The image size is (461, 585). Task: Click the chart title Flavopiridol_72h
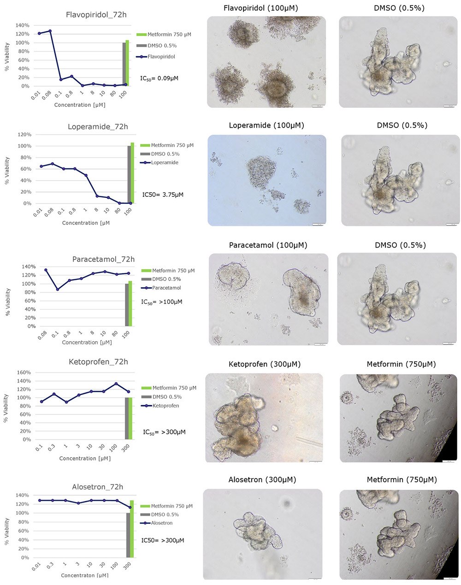pyautogui.click(x=96, y=15)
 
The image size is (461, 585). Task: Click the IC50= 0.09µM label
pyautogui.click(x=159, y=78)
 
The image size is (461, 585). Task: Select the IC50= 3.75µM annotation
pyautogui.click(x=162, y=195)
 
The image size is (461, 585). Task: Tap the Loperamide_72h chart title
pyautogui.click(x=98, y=127)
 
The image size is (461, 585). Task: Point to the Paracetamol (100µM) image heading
pyautogui.click(x=268, y=245)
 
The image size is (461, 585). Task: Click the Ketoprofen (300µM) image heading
pyautogui.click(x=264, y=364)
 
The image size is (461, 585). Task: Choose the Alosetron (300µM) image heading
pyautogui.click(x=262, y=479)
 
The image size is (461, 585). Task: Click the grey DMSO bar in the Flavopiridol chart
pyautogui.click(x=124, y=64)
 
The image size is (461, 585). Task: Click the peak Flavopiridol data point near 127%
pyautogui.click(x=50, y=31)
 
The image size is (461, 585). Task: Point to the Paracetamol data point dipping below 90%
pyautogui.click(x=57, y=289)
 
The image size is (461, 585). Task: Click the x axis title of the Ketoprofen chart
pyautogui.click(x=84, y=458)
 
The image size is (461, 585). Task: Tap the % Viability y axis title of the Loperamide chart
pyautogui.click(x=6, y=171)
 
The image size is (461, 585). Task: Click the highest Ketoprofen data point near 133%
pyautogui.click(x=116, y=384)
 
